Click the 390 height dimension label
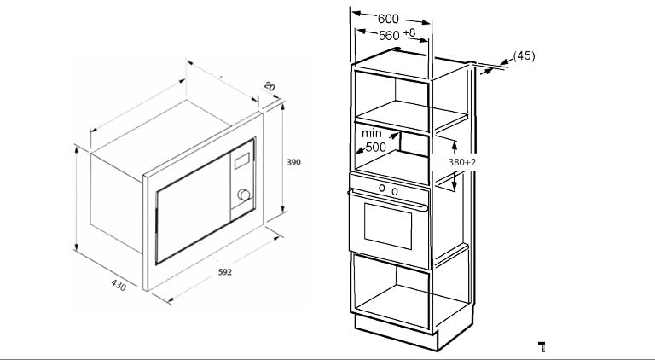coord(293,162)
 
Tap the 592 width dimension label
coord(225,272)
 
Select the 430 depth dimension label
coord(119,285)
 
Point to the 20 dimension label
coord(270,86)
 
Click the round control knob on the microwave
coord(243,195)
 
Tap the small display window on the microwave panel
coord(242,160)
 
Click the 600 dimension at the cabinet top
coord(388,19)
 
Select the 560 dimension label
coord(389,36)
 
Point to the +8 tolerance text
coord(409,32)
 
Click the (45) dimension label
coord(524,55)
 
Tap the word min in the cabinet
coord(371,133)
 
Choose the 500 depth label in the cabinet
coord(375,147)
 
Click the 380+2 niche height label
coord(462,162)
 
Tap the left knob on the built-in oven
coord(382,188)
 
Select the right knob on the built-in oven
coord(395,192)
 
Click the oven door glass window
coord(388,226)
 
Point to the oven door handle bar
coord(388,200)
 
